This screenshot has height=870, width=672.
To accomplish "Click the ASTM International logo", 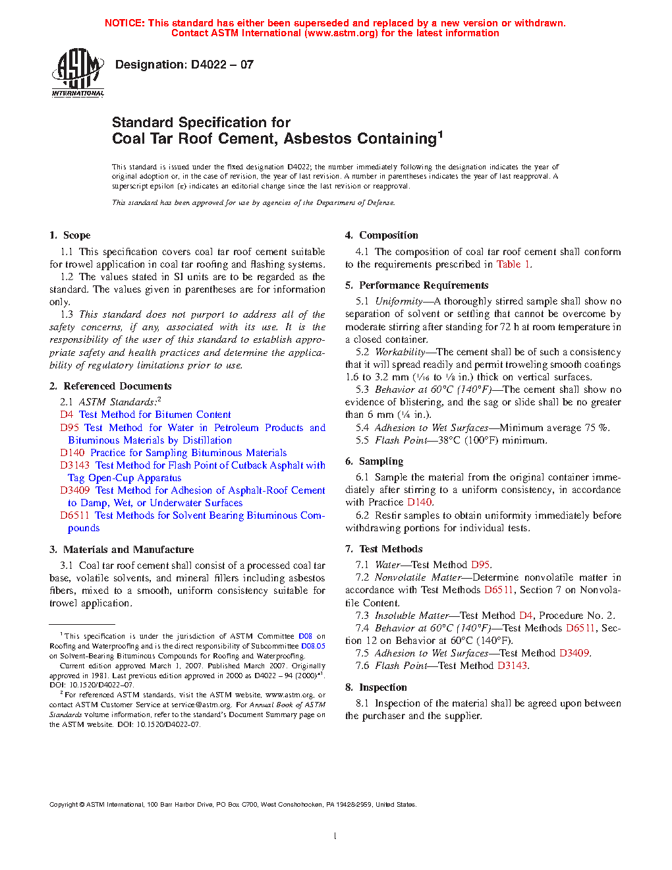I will point(78,72).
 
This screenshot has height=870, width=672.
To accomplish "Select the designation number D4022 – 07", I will point(222,65).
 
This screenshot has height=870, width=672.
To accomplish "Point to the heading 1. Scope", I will point(70,235).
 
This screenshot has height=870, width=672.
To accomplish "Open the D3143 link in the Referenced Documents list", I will point(74,465).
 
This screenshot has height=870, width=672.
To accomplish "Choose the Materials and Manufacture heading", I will point(128,550).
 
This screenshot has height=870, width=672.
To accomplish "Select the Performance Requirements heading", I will point(424,285).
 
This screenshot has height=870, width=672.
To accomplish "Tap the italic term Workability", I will point(400,352).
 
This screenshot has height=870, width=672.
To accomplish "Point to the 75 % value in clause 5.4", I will point(596,428).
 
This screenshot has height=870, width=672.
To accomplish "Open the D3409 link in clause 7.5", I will point(574,653).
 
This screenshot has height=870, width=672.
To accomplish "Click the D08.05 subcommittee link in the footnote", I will point(313,646).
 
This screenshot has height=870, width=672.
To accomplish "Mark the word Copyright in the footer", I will point(64,805).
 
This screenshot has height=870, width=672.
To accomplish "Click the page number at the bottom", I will point(335,836).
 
